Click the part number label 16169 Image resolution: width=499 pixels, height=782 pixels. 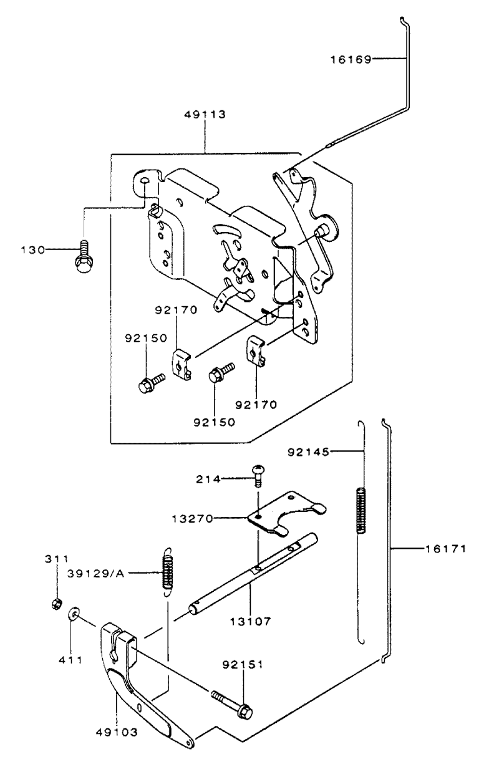tap(351, 60)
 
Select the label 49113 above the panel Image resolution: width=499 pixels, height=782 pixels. tap(205, 114)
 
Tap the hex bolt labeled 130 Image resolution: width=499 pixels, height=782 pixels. tap(82, 256)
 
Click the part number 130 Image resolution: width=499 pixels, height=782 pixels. tap(33, 250)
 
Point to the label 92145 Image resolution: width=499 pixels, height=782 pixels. tap(308, 452)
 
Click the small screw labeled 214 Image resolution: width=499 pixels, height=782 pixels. tap(258, 475)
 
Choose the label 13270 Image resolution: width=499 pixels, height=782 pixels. tap(192, 519)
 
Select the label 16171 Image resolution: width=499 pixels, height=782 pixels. tap(445, 549)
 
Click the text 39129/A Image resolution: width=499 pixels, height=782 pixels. tap(95, 574)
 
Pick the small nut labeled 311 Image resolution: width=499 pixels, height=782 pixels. tap(55, 603)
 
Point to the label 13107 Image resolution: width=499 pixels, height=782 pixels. tap(250, 621)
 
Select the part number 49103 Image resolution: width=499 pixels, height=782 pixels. tap(117, 732)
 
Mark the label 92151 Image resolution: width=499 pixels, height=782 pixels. tap(243, 665)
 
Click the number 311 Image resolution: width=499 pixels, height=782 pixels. tap(57, 559)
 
